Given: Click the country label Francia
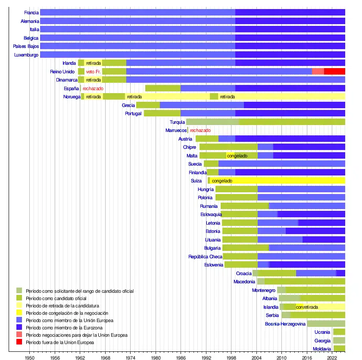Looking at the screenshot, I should [x=31, y=13].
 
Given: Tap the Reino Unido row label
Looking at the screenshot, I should [x=62, y=72].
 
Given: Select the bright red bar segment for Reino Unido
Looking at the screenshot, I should [x=334, y=72].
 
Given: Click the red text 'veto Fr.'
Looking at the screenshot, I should [x=94, y=72].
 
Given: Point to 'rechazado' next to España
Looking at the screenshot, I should [x=93, y=88].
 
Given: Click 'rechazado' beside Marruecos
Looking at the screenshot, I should [x=200, y=130].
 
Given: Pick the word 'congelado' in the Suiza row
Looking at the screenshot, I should [x=222, y=181].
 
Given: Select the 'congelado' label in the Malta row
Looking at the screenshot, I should [x=237, y=156].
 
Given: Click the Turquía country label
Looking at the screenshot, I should [x=177, y=122].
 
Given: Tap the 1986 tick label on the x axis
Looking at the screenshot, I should [x=181, y=357].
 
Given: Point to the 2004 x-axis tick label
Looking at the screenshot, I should [x=256, y=357].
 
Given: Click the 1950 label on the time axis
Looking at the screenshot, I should [x=29, y=357].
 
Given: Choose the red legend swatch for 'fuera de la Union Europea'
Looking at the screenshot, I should [x=19, y=342].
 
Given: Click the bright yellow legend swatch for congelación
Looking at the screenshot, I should [x=19, y=313].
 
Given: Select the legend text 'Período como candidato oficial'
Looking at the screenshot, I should [x=56, y=298].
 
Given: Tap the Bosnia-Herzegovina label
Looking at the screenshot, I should [x=285, y=324].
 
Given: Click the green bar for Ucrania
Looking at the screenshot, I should [x=339, y=332].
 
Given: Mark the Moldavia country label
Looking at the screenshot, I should [x=322, y=349].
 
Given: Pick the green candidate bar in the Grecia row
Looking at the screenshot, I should [x=148, y=105].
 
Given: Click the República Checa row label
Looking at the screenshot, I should [x=205, y=257].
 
